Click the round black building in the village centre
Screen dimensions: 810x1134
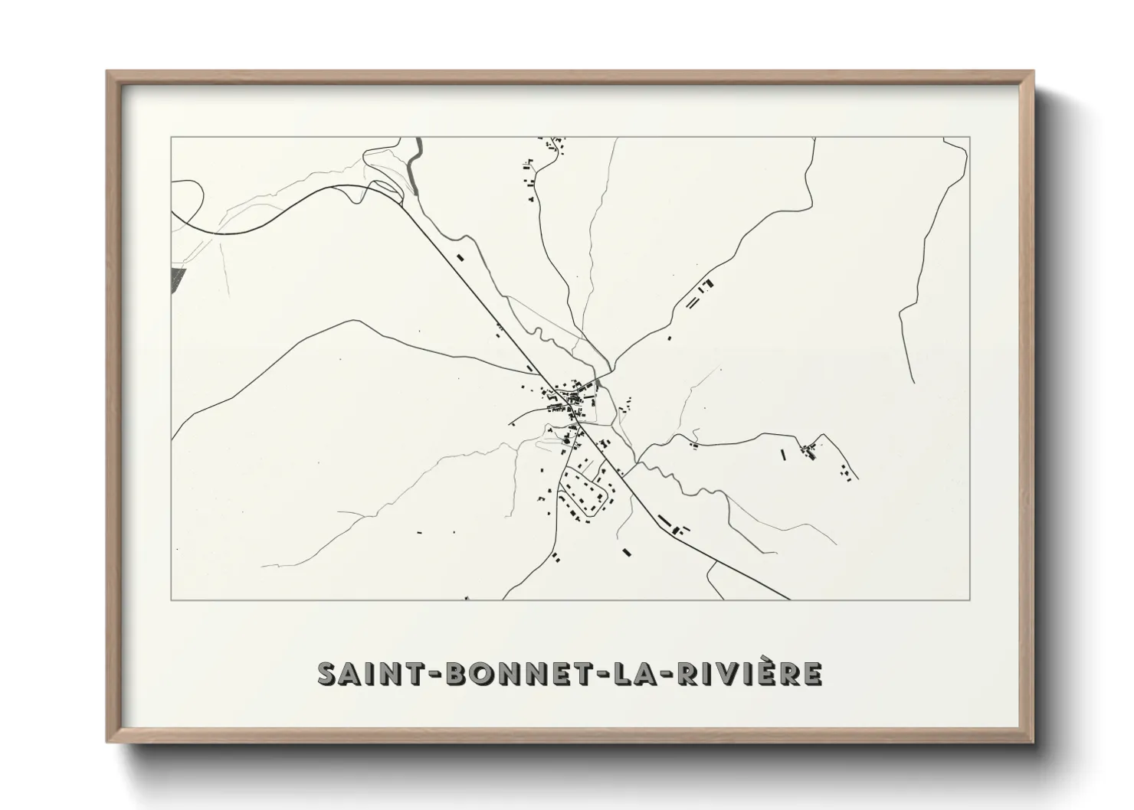tap(566, 441)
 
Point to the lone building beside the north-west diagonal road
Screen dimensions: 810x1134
tap(460, 257)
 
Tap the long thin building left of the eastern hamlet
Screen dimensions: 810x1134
tap(783, 454)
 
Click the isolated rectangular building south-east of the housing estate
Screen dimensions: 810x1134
tap(626, 550)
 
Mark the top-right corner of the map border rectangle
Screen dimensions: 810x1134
tap(970, 137)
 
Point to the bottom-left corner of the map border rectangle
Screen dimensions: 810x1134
tap(171, 600)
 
